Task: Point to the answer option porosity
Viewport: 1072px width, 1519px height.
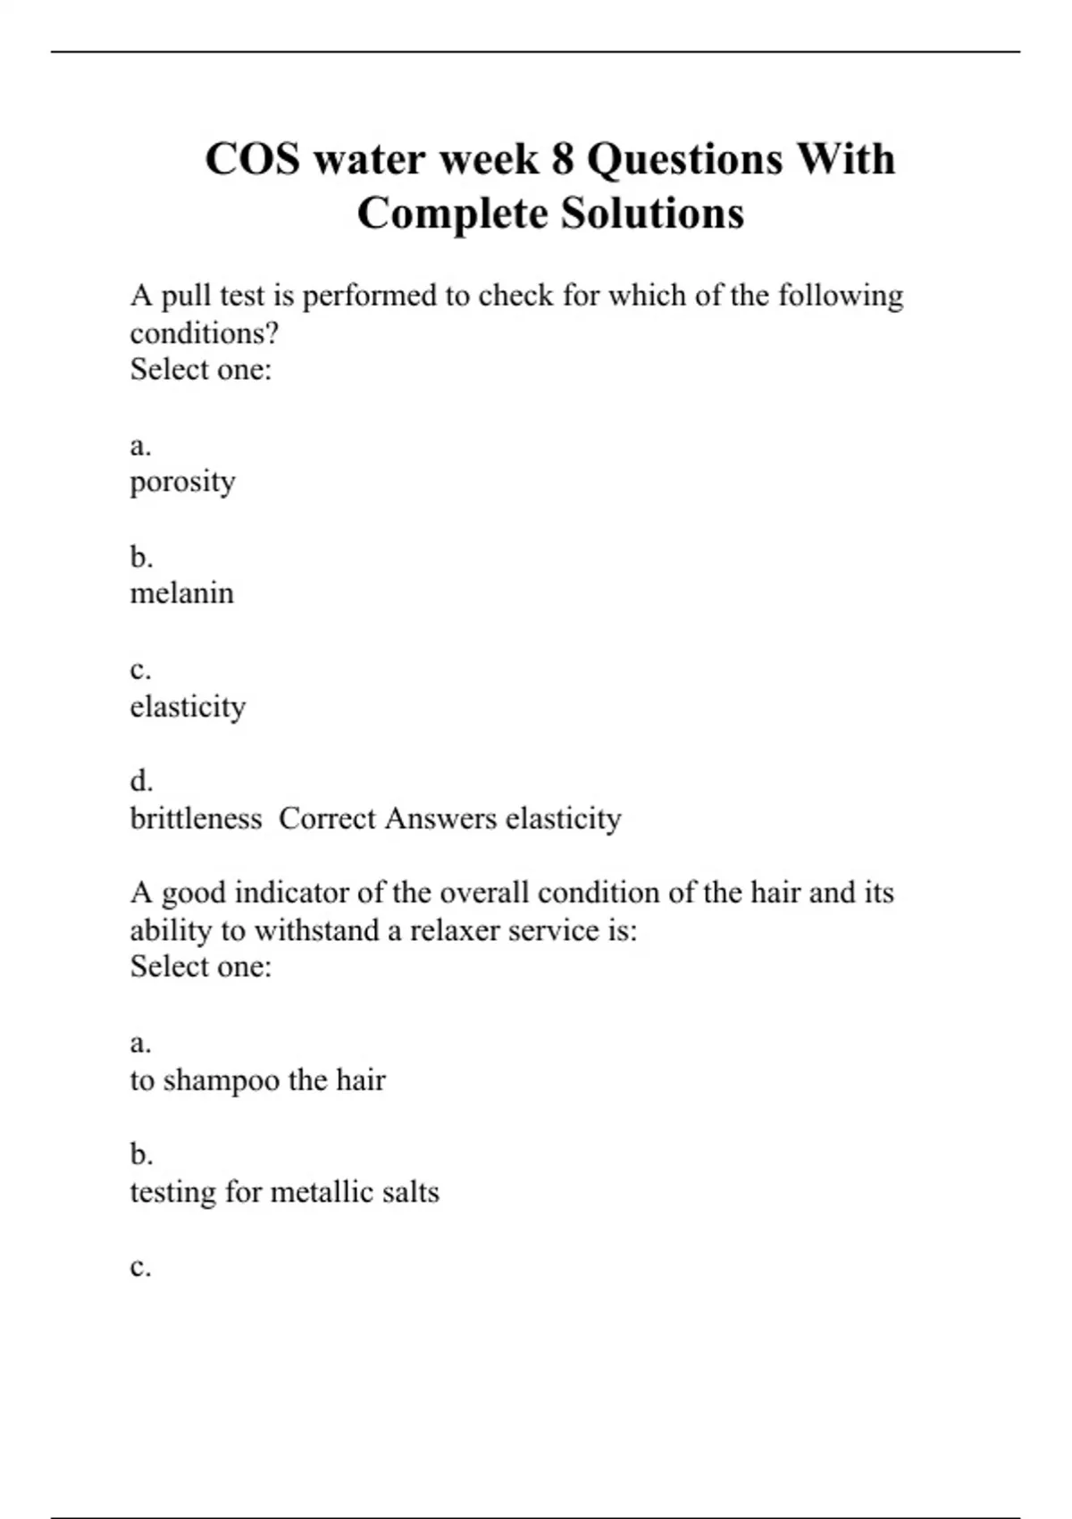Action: (182, 483)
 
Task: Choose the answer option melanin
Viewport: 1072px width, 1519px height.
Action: (181, 593)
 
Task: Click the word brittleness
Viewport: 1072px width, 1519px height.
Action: (196, 818)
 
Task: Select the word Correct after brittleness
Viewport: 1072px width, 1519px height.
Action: (326, 818)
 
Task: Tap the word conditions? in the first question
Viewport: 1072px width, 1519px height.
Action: (205, 333)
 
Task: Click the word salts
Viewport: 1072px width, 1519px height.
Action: (410, 1192)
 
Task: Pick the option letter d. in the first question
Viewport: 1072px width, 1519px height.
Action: (141, 781)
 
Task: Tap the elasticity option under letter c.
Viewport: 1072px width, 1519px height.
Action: (188, 707)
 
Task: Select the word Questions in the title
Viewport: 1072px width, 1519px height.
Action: (684, 160)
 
